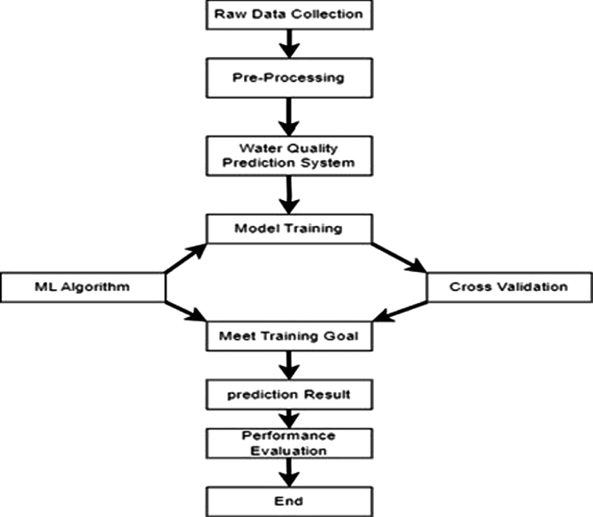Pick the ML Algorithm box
[82, 287]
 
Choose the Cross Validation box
[509, 287]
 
